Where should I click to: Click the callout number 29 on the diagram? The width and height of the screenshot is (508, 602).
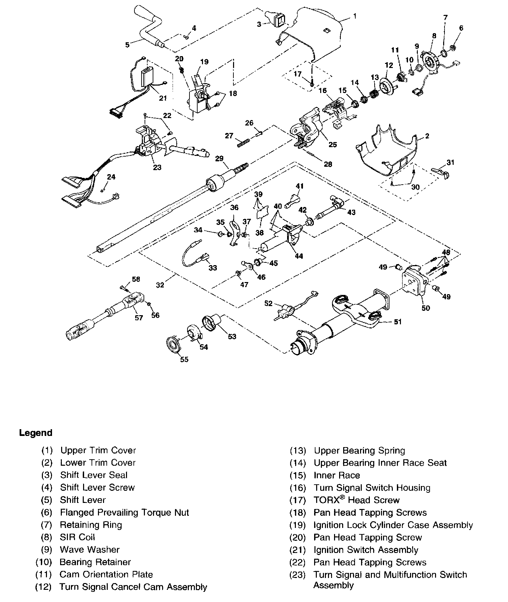[x=220, y=158]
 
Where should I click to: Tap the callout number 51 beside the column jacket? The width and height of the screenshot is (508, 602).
[x=398, y=322]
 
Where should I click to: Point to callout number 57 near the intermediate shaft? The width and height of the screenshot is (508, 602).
[x=139, y=318]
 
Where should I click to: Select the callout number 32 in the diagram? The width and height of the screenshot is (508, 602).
[x=160, y=285]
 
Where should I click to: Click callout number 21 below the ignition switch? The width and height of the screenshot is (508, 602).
[x=163, y=98]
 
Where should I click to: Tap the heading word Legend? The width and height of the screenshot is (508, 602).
[x=36, y=433]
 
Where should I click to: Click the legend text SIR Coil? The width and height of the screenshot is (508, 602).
[x=77, y=537]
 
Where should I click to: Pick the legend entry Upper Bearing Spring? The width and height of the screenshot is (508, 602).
[x=359, y=450]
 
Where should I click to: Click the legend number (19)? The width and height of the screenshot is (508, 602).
[x=298, y=525]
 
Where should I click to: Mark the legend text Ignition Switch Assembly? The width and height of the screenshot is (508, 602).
[x=366, y=550]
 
